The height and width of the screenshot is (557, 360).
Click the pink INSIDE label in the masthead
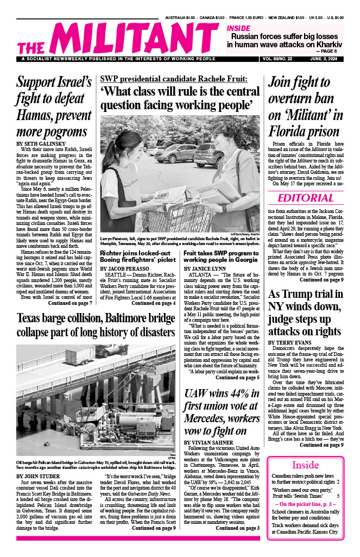239,28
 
